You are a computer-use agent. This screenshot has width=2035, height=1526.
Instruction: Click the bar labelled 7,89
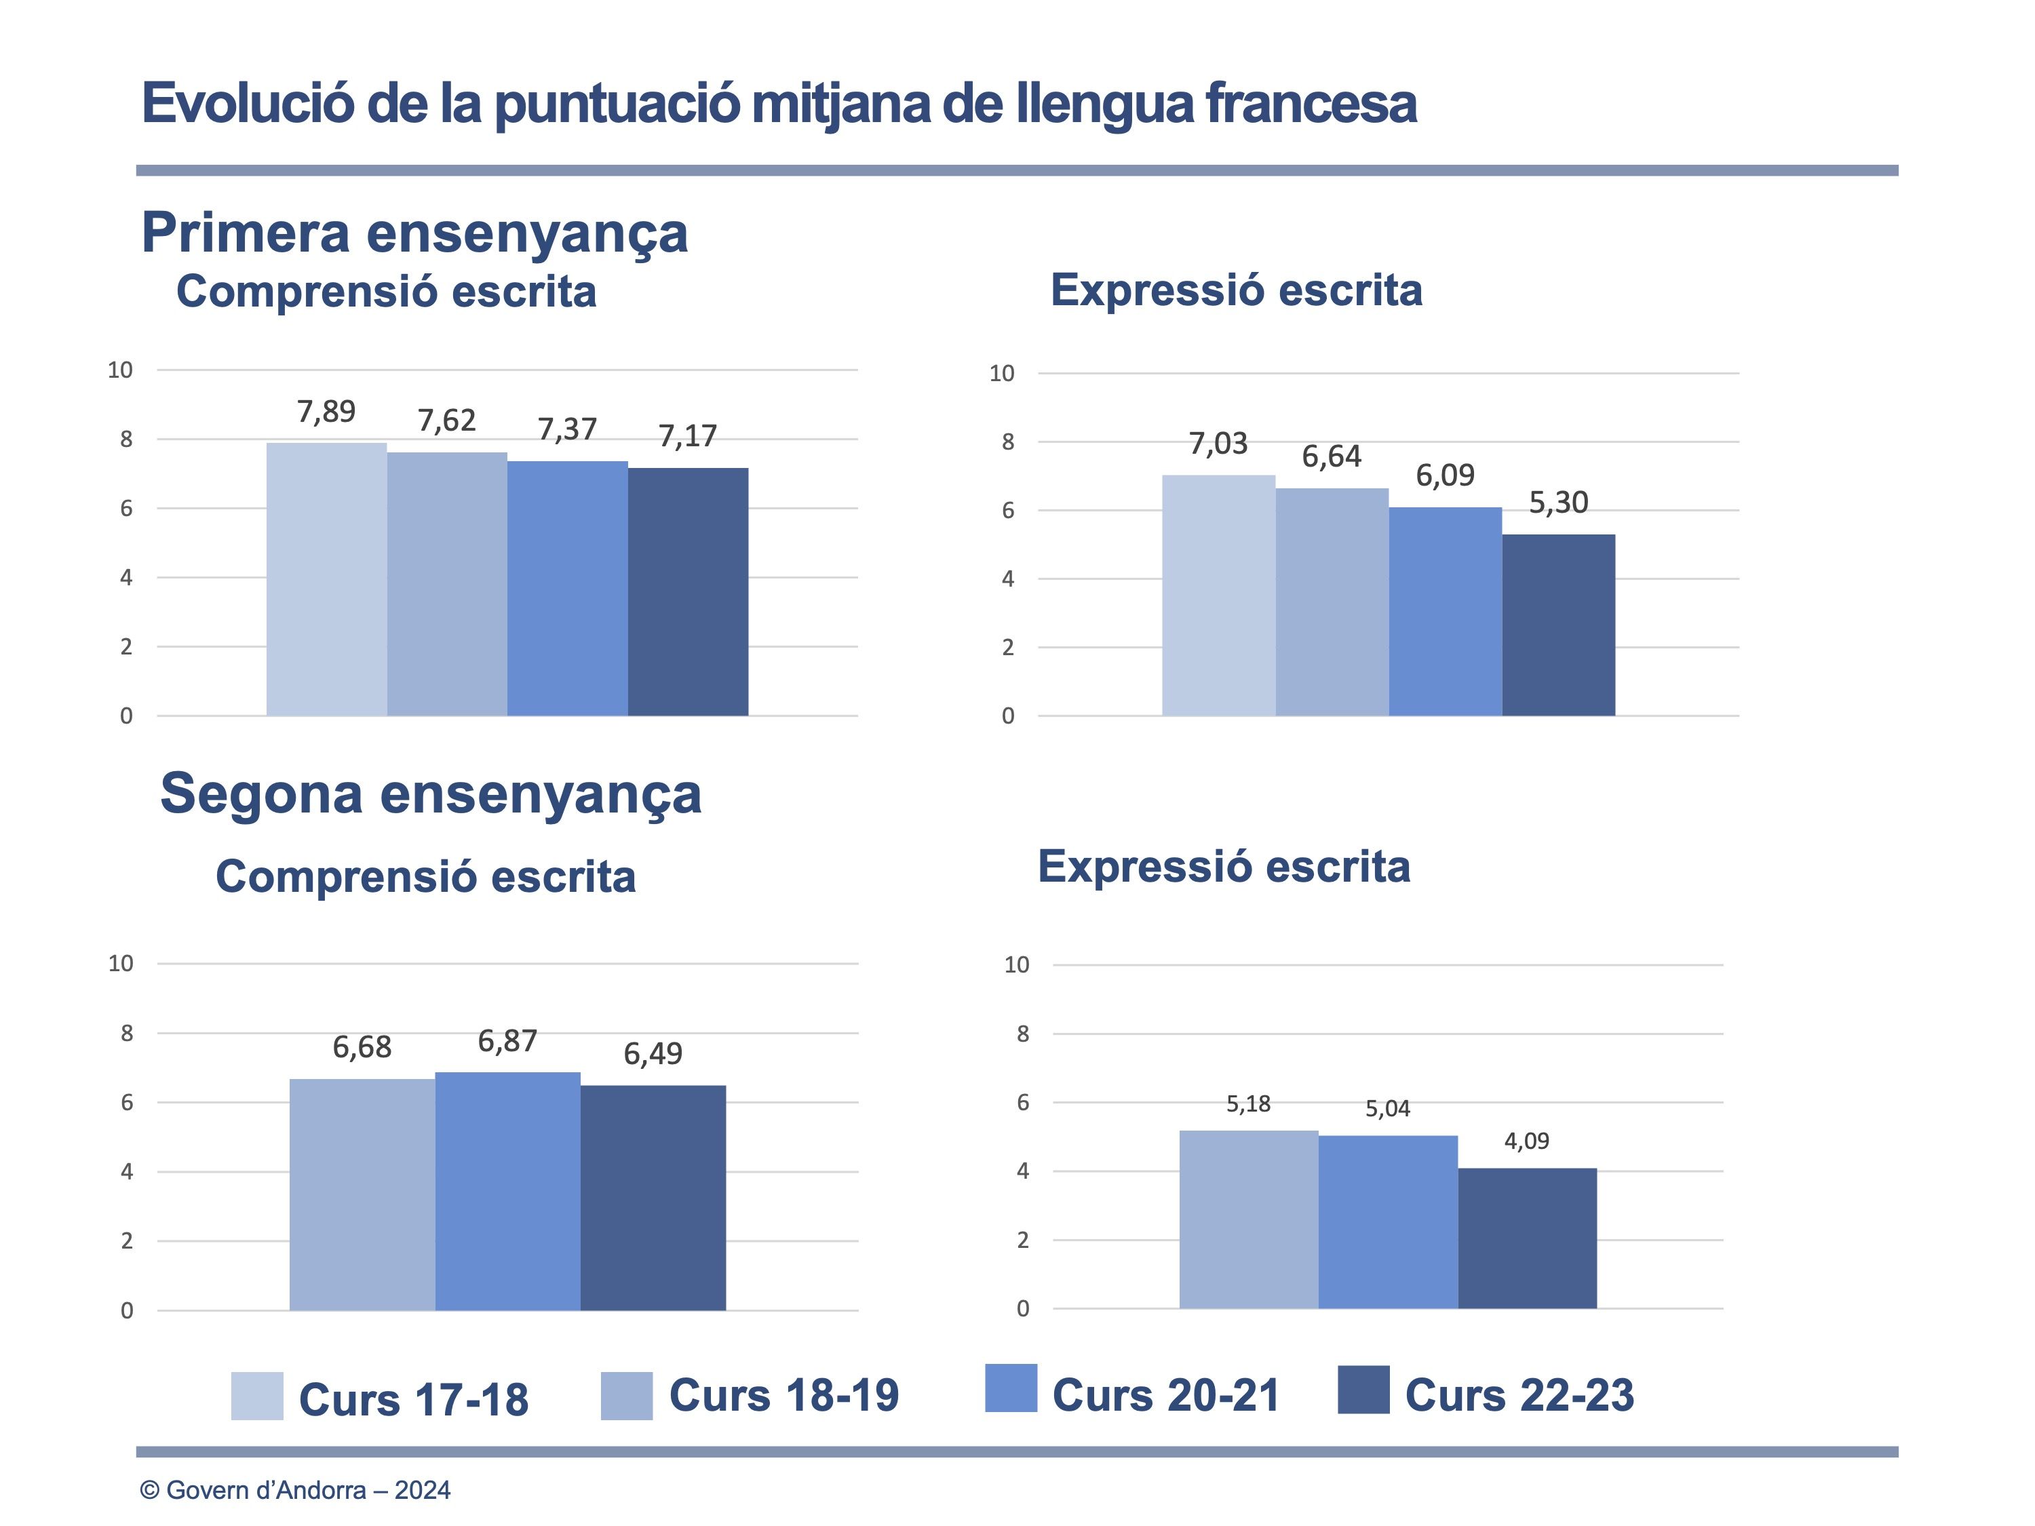tap(326, 579)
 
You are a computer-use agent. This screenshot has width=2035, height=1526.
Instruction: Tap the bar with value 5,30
tap(1558, 625)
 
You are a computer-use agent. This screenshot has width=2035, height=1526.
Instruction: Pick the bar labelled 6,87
tap(508, 1191)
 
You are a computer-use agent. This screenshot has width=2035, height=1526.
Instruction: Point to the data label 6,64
tap(1331, 456)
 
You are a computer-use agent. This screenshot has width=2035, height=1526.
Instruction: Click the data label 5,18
tap(1248, 1103)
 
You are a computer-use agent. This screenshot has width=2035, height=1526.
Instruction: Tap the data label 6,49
tap(653, 1053)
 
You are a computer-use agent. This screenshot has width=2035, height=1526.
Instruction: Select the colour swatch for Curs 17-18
tap(256, 1396)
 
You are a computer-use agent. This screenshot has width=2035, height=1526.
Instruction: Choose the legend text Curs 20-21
tap(1165, 1395)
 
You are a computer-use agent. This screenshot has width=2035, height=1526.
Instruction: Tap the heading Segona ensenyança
tap(431, 793)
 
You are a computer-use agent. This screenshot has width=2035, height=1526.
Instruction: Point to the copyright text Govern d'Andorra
tap(294, 1490)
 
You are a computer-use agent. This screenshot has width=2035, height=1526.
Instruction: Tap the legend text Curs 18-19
tap(784, 1395)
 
